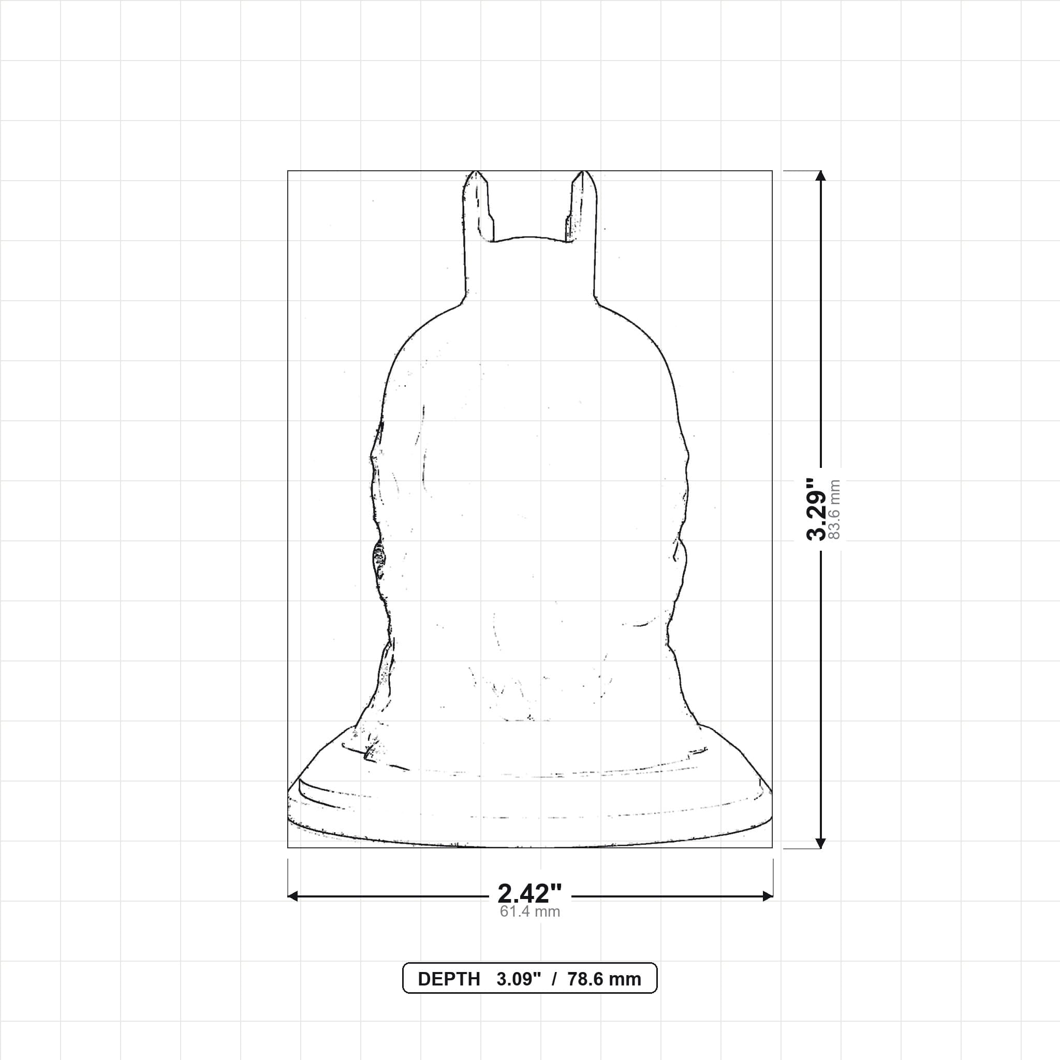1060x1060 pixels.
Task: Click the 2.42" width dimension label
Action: click(x=529, y=894)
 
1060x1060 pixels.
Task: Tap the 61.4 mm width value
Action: click(x=529, y=912)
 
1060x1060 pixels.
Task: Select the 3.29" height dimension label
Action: click(x=817, y=509)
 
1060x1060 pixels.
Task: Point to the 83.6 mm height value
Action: click(x=834, y=510)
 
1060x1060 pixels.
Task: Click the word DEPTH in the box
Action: click(x=449, y=979)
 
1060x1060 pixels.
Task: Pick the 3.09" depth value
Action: click(x=519, y=979)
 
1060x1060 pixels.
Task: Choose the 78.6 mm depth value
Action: click(x=604, y=979)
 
